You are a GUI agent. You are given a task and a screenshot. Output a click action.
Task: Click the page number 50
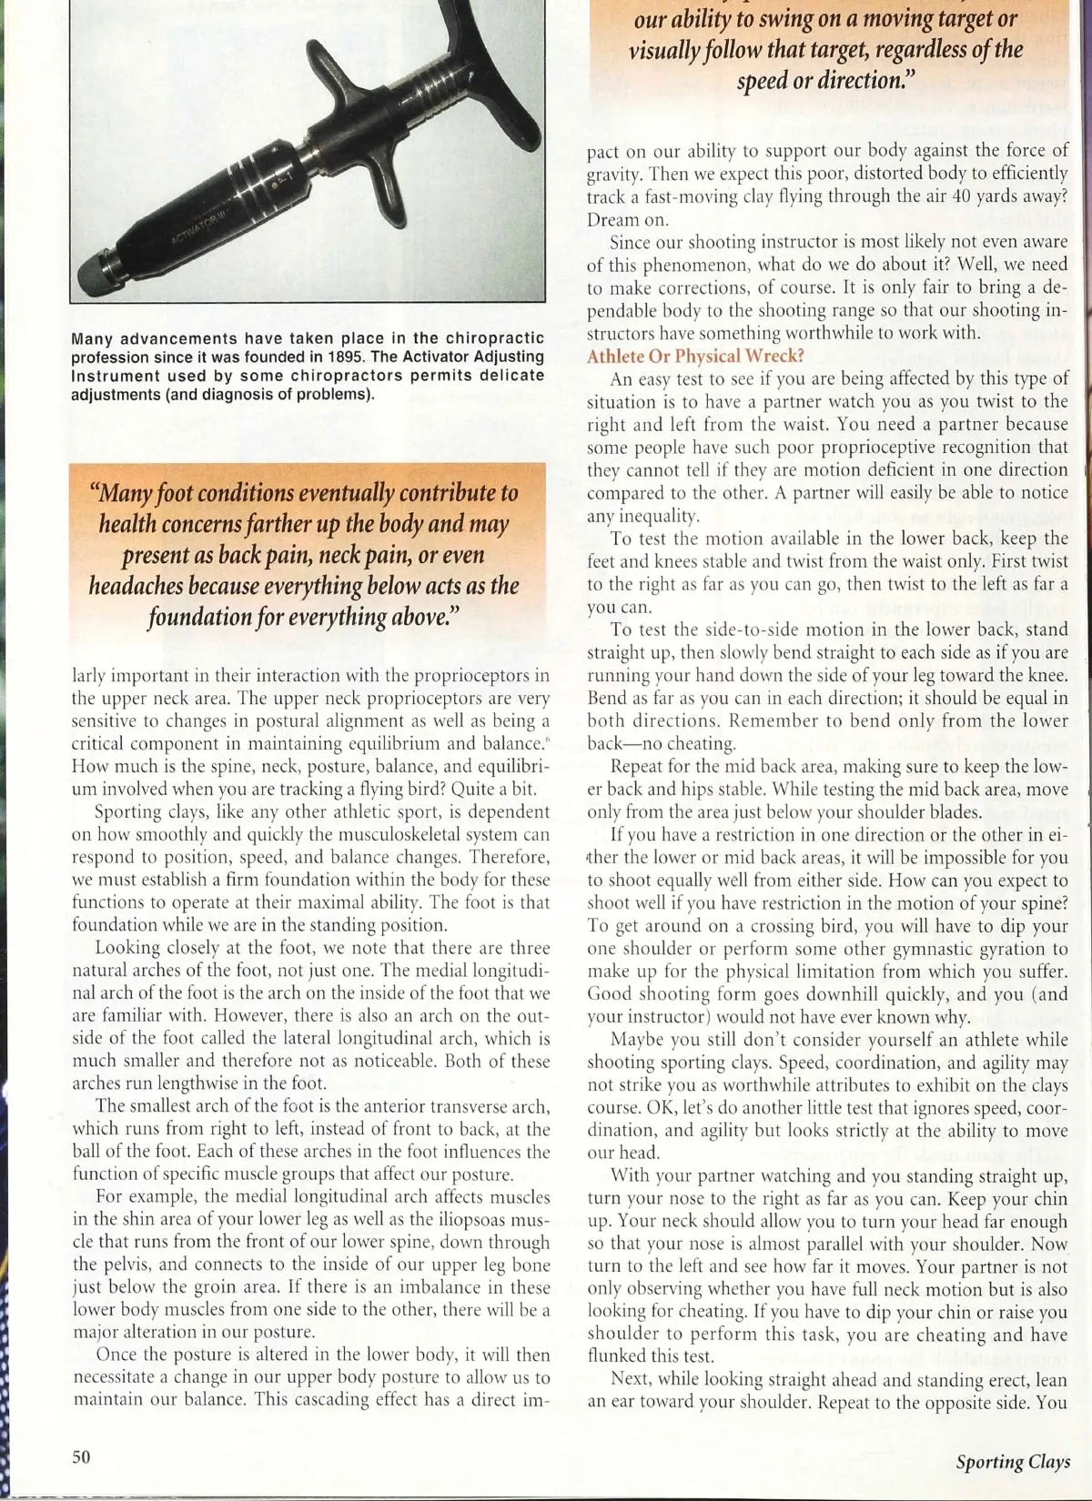tap(81, 1456)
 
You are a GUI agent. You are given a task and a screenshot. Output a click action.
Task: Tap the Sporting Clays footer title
tap(1012, 1462)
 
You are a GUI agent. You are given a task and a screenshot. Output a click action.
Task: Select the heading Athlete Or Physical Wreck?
tap(695, 356)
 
